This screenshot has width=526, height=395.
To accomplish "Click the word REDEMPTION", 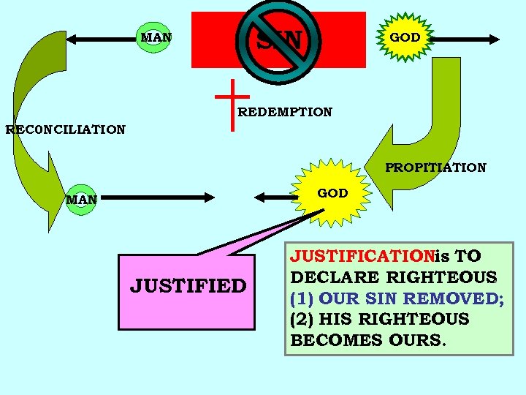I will [x=285, y=113].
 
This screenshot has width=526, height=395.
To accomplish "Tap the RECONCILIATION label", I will [x=65, y=130].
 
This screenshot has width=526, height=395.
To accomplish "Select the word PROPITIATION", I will [x=435, y=168].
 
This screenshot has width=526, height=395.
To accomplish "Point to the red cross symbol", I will [x=233, y=102].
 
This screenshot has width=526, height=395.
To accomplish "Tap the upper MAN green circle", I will [x=155, y=37].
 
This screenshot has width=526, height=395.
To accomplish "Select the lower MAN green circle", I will [x=81, y=198].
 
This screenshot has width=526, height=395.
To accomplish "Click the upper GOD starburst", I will [x=404, y=37].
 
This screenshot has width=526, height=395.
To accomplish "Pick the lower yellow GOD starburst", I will [x=332, y=194].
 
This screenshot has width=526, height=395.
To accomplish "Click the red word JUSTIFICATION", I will [x=362, y=257].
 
